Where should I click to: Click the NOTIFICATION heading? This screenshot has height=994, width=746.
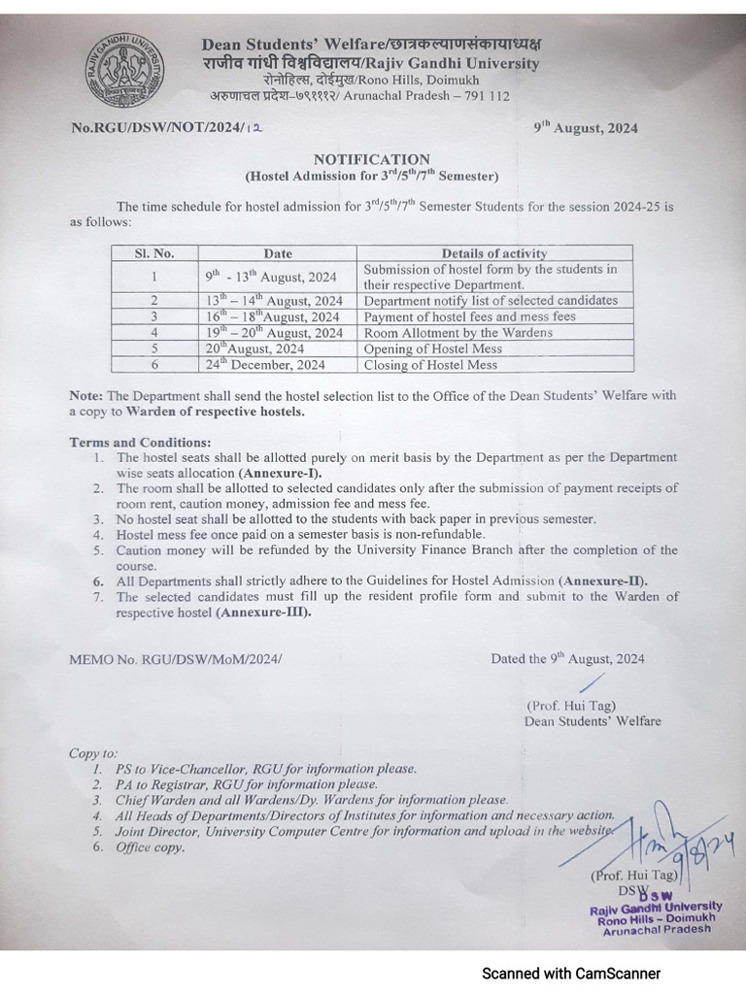[371, 159]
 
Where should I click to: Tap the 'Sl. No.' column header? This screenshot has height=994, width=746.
[154, 253]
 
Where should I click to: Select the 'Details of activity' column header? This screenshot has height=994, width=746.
[494, 253]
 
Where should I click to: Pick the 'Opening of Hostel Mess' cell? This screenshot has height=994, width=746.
[431, 348]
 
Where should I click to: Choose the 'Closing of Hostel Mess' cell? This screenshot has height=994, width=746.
[429, 365]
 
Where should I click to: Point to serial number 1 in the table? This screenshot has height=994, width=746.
[154, 276]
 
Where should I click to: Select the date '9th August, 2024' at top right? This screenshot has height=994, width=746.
[586, 128]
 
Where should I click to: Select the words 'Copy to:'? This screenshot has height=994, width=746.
[93, 752]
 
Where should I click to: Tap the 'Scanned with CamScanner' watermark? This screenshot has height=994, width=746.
[572, 972]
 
